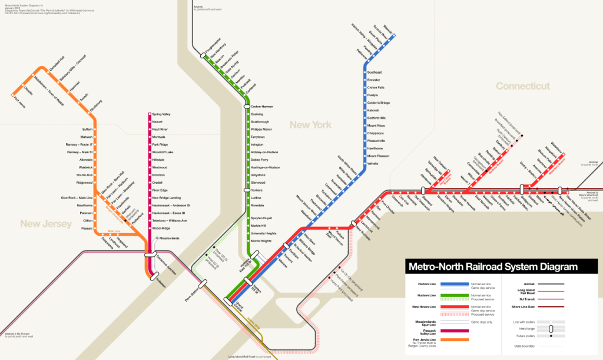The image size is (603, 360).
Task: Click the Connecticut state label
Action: [x=522, y=86]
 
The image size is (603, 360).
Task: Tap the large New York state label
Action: [x=310, y=125]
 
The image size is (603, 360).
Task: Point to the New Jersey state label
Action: [x=46, y=223]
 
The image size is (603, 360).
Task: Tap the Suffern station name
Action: [x=88, y=129]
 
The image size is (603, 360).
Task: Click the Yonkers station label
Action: [x=256, y=190]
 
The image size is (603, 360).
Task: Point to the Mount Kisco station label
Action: [x=376, y=125]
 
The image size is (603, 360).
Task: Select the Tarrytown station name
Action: [x=259, y=137]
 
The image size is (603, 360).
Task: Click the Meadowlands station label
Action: [x=168, y=238]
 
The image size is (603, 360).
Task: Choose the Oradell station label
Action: [x=158, y=183]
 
